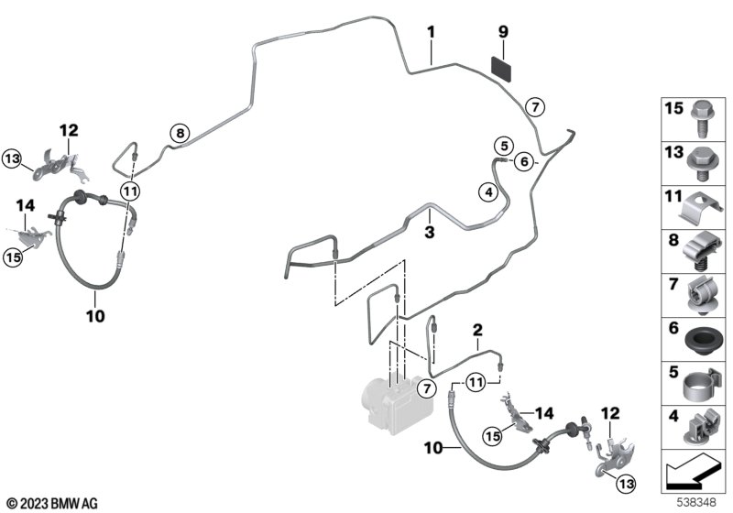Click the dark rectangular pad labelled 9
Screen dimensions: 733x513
click(x=500, y=68)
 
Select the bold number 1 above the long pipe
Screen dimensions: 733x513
click(x=431, y=32)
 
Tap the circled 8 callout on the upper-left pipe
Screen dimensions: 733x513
click(x=180, y=134)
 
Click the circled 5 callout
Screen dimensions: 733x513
click(x=504, y=146)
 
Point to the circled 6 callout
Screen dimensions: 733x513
click(x=524, y=161)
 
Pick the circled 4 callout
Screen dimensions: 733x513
click(x=488, y=192)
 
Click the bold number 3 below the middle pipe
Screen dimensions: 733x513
click(x=429, y=232)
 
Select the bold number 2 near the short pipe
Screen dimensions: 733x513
click(x=476, y=331)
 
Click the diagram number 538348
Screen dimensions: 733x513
click(x=696, y=502)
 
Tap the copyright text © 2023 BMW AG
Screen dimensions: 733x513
click(x=52, y=503)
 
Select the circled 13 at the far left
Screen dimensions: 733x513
click(x=12, y=158)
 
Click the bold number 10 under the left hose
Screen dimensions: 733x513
click(x=95, y=316)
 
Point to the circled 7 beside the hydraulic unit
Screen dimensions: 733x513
click(x=426, y=388)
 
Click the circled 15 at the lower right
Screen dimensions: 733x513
click(x=492, y=436)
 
